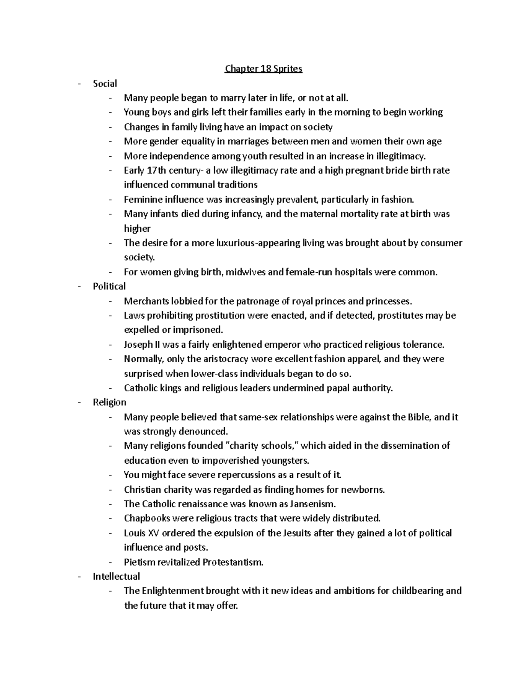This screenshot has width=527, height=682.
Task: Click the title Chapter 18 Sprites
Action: (263, 69)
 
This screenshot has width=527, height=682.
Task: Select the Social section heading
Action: (105, 83)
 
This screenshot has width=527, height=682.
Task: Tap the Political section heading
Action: (109, 286)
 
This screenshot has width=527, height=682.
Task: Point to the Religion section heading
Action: (109, 402)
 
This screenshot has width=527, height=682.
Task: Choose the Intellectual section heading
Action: (116, 576)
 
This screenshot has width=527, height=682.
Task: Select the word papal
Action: (337, 388)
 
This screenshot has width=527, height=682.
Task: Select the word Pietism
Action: (139, 562)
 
